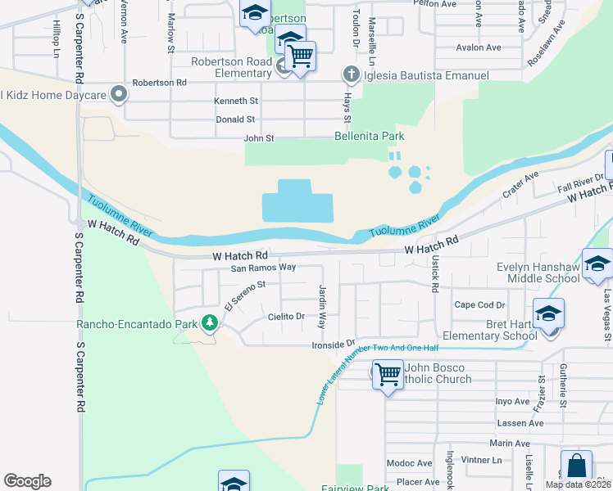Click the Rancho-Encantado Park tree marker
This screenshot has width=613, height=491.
pos(210,323)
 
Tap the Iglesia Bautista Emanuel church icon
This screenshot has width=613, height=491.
pos(352,76)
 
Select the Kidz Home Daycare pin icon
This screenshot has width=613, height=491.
pos(119,95)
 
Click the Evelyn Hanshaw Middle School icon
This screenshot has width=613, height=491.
pos(597,263)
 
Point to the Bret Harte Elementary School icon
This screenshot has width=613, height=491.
pos(548,314)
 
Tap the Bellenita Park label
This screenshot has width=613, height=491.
pos(370,136)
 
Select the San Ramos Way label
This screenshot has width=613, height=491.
pos(262,268)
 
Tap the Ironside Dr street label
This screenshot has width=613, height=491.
pos(333,344)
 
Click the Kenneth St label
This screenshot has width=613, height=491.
pos(236,101)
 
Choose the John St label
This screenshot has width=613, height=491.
pos(258,138)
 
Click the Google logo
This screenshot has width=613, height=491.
pos(27,481)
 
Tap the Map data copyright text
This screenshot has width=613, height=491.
pos(578,484)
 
